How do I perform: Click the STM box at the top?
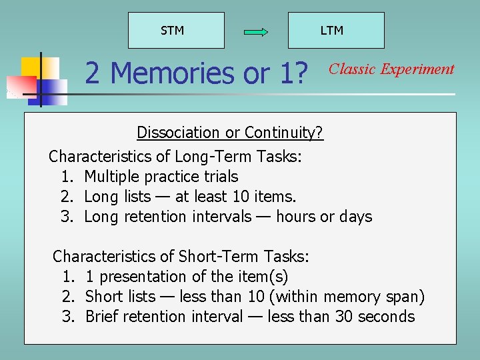click(x=176, y=31)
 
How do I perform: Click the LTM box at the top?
click(x=335, y=31)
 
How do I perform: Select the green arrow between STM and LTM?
click(x=256, y=32)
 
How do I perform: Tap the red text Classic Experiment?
click(x=392, y=69)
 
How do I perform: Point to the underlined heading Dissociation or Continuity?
click(x=230, y=133)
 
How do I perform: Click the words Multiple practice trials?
click(x=161, y=177)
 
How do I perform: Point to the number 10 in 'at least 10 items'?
click(x=238, y=197)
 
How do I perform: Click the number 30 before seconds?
click(x=344, y=317)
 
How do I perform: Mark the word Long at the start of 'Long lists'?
click(x=101, y=197)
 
